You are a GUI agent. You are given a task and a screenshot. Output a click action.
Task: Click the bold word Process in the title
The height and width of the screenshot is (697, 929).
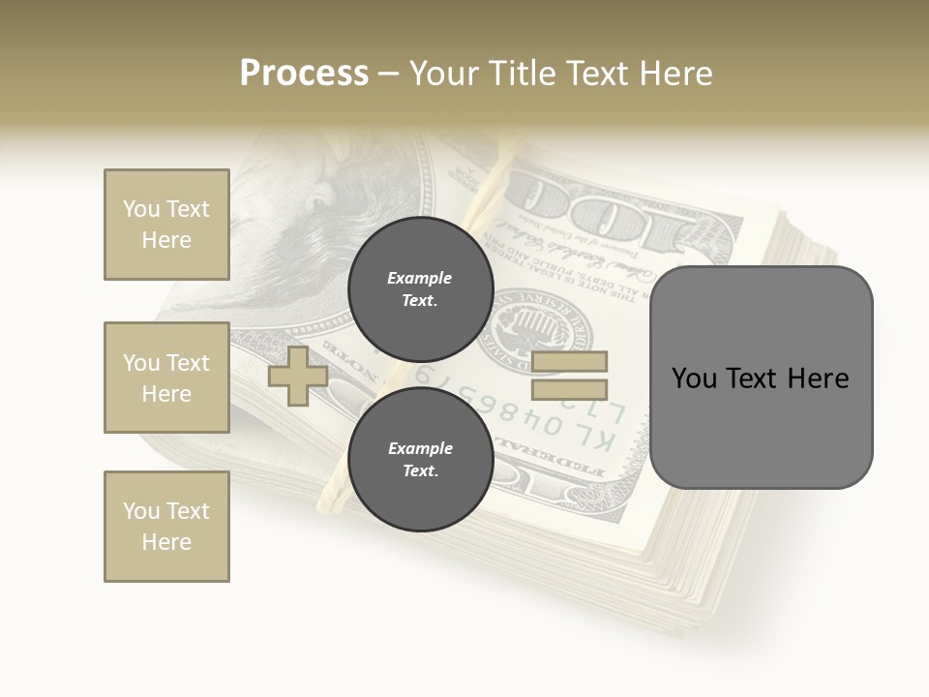pyautogui.click(x=304, y=74)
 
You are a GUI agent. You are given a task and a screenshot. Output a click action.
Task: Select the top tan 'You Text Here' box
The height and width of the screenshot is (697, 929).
pyautogui.click(x=166, y=225)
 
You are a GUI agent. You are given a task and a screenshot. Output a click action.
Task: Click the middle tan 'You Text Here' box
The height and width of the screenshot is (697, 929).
pyautogui.click(x=166, y=378)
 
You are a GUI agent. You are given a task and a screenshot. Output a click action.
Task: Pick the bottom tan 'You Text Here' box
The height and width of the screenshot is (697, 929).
pyautogui.click(x=166, y=527)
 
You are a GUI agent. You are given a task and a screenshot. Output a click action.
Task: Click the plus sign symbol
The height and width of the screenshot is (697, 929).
pyautogui.click(x=298, y=376)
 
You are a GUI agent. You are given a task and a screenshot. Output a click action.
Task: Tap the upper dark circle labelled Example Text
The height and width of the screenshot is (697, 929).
pyautogui.click(x=420, y=288)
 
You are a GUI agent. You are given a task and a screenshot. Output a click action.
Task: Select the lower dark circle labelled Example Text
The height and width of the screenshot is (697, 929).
pyautogui.click(x=420, y=459)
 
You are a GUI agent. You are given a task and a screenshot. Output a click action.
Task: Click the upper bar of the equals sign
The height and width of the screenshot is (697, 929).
pyautogui.click(x=570, y=362)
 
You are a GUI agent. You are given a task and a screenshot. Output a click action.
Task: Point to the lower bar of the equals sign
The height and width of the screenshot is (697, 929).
pyautogui.click(x=570, y=390)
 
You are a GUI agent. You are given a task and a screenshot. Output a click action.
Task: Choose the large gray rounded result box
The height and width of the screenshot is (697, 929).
pyautogui.click(x=761, y=378)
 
